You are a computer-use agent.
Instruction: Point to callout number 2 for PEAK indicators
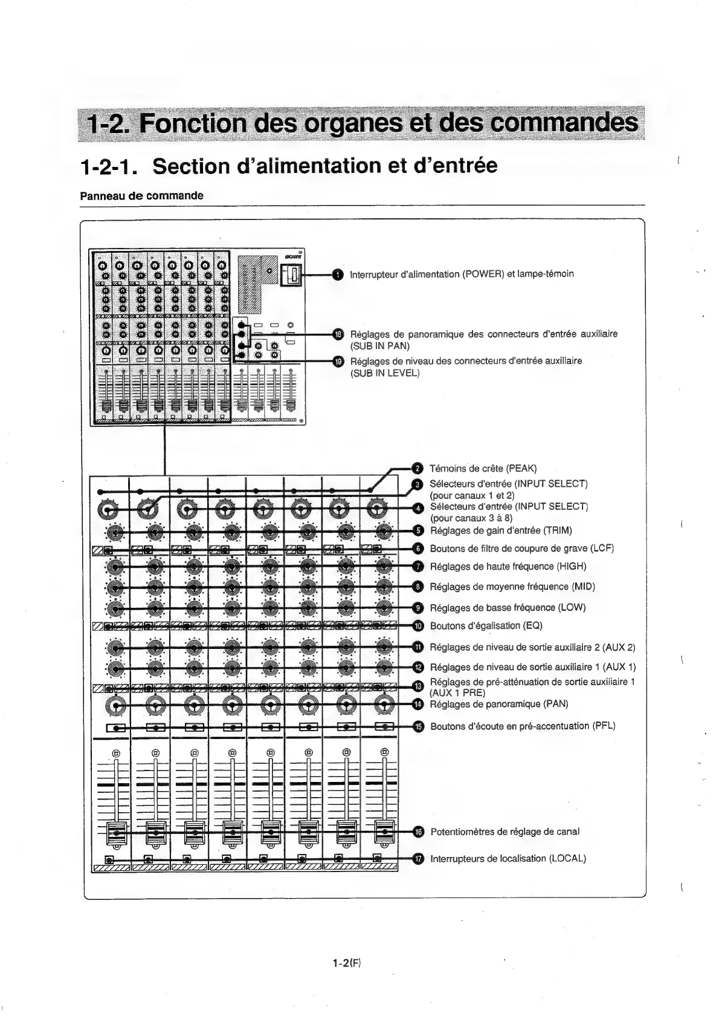[416, 468]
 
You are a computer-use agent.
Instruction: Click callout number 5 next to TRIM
[418, 531]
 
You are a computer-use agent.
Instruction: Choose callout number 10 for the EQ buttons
[418, 626]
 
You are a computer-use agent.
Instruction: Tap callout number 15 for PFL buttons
[418, 726]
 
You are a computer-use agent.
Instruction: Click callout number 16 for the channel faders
[418, 832]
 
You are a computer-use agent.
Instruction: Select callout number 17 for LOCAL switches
[418, 859]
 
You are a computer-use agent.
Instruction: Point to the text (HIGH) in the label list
[571, 567]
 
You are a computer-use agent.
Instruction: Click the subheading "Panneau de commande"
[142, 196]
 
